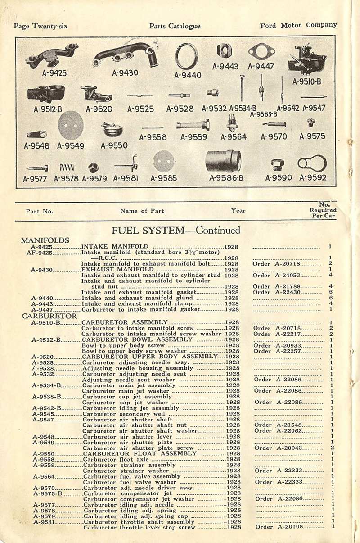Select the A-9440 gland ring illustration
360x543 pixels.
[186, 58]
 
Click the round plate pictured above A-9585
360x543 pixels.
[164, 161]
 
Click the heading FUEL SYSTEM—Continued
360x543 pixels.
[175, 230]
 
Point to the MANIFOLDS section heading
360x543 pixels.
[45, 240]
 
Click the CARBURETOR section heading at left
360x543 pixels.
[49, 316]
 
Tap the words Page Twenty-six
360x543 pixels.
[41, 26]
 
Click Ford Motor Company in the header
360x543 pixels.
[298, 25]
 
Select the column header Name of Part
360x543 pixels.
[142, 211]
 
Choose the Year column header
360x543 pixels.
[238, 210]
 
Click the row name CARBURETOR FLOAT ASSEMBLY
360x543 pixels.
[139, 453]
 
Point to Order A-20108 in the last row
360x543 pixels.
[279, 527]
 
